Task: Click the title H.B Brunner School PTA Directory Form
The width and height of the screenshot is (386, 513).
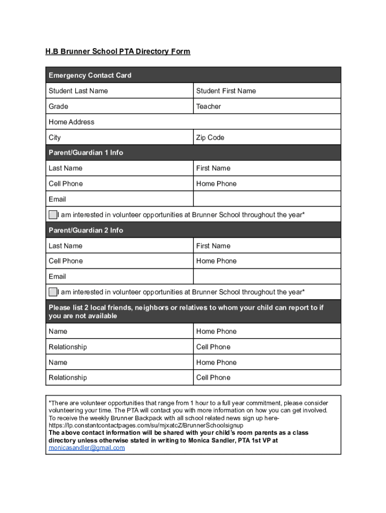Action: pyautogui.click(x=118, y=52)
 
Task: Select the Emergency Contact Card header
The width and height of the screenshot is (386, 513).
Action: pyautogui.click(x=90, y=75)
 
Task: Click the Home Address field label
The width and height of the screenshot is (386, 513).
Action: pyautogui.click(x=71, y=122)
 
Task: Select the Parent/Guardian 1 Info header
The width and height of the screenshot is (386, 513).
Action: pyautogui.click(x=86, y=152)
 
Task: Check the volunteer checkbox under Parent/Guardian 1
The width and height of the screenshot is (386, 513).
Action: pyautogui.click(x=53, y=214)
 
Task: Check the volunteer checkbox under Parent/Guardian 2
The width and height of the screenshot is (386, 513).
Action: pyautogui.click(x=53, y=292)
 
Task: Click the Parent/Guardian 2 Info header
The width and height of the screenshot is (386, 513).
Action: pyautogui.click(x=86, y=230)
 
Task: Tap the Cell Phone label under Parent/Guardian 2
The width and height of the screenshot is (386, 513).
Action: pyautogui.click(x=66, y=261)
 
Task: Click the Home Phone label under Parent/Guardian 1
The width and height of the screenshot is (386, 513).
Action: pyautogui.click(x=217, y=183)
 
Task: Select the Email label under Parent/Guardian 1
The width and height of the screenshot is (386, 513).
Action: pyautogui.click(x=57, y=199)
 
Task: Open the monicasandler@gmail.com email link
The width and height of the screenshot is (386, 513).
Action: pyautogui.click(x=87, y=447)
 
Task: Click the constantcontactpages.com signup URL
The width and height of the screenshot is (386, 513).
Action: pyautogui.click(x=145, y=425)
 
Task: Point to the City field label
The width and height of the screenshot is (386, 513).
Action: pyautogui.click(x=55, y=137)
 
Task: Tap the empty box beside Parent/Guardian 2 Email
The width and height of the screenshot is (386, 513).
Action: pyautogui.click(x=267, y=277)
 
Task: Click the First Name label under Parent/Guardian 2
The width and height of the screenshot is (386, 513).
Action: pyautogui.click(x=214, y=245)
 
